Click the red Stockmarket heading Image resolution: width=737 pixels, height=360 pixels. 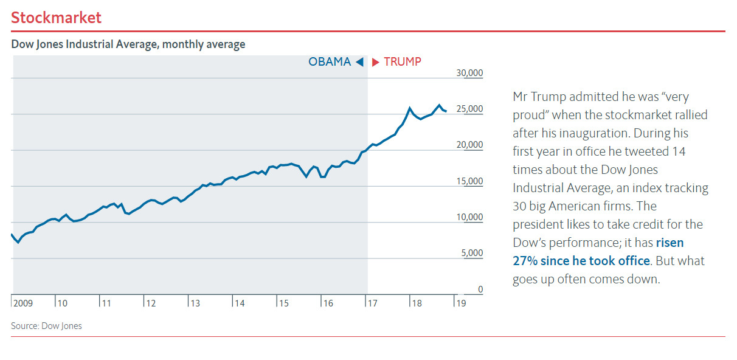click(x=57, y=18)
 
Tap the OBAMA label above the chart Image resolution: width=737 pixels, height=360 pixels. click(x=330, y=61)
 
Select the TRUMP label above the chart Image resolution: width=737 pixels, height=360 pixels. click(x=403, y=61)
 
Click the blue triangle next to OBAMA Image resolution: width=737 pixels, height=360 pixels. click(x=359, y=61)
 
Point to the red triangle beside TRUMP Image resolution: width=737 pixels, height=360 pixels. click(x=376, y=61)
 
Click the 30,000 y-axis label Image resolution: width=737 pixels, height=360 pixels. click(x=469, y=73)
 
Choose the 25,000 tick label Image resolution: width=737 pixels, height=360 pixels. click(x=469, y=109)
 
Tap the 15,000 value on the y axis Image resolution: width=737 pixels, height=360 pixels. click(x=469, y=181)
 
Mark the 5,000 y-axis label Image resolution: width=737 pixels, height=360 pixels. click(x=471, y=253)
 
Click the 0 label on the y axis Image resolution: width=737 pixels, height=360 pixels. click(x=480, y=289)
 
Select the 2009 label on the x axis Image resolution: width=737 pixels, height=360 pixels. click(x=23, y=303)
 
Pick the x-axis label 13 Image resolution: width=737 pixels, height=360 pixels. click(x=195, y=303)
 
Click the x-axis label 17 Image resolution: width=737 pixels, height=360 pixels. click(x=372, y=303)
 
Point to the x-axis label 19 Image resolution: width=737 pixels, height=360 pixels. click(x=460, y=303)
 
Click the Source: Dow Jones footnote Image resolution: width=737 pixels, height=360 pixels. click(x=46, y=326)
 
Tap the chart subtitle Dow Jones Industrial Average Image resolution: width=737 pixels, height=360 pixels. click(x=128, y=44)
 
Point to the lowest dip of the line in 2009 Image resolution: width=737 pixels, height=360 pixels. click(x=18, y=242)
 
